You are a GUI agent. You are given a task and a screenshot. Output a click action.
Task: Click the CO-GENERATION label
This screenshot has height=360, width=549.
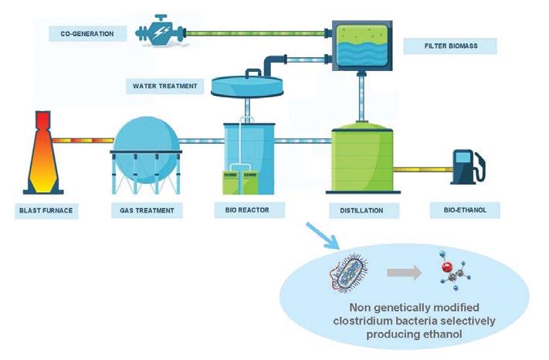(87, 34)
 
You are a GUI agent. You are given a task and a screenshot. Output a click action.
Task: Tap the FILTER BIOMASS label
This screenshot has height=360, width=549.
(451, 46)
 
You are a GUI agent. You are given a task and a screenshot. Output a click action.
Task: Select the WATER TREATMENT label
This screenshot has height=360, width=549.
(165, 86)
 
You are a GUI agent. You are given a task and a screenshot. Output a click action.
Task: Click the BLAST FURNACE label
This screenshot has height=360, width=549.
(46, 210)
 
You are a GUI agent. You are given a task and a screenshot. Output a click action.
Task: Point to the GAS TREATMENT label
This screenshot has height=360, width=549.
(147, 210)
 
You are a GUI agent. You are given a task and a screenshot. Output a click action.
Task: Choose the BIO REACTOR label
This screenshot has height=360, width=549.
(247, 210)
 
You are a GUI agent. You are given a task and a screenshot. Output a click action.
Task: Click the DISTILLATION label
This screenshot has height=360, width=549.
(361, 210)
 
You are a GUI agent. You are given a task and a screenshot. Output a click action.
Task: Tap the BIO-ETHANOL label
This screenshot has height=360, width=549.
(465, 210)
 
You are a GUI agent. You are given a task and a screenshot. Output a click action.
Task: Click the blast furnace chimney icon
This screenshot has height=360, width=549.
(43, 153)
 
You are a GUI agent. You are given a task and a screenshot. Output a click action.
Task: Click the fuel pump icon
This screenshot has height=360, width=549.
(469, 167)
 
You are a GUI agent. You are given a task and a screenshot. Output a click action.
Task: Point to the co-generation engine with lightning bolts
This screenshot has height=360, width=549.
(160, 31)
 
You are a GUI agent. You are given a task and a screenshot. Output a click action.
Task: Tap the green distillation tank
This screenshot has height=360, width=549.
(363, 158)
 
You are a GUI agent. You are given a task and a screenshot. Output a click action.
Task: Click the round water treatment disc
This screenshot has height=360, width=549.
(247, 86)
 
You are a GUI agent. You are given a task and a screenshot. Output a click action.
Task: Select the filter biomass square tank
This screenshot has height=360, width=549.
(362, 46)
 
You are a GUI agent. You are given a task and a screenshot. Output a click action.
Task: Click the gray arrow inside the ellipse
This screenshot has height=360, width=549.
(405, 273)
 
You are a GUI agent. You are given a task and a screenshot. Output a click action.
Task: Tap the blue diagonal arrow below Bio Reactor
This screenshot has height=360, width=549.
(323, 236)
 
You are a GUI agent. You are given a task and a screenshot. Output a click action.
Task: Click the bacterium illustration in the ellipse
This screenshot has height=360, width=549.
(349, 273)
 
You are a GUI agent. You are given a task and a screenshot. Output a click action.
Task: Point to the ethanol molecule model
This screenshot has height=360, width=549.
(454, 270)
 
